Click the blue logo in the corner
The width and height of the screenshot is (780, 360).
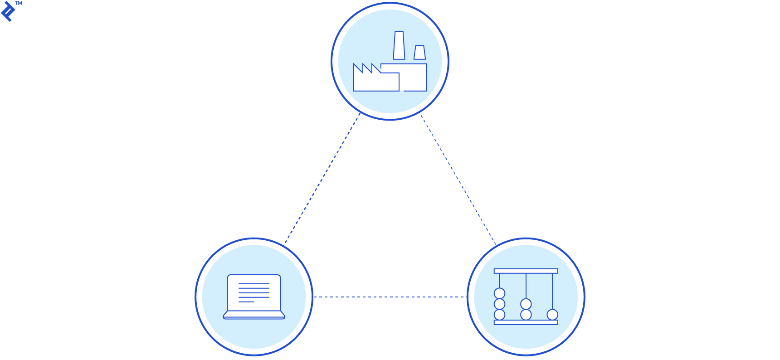pyautogui.click(x=8, y=11)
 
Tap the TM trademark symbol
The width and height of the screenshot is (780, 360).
pyautogui.click(x=19, y=4)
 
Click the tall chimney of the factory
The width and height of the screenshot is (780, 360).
pyautogui.click(x=399, y=45)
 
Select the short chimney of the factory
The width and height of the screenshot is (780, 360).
pyautogui.click(x=419, y=52)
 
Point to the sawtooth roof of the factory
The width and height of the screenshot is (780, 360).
pyautogui.click(x=367, y=68)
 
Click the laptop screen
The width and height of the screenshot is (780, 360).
pyautogui.click(x=254, y=292)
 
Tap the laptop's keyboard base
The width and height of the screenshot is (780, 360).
pyautogui.click(x=254, y=315)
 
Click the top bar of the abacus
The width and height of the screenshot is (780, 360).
pyautogui.click(x=526, y=271)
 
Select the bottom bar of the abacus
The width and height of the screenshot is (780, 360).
pyautogui.click(x=526, y=322)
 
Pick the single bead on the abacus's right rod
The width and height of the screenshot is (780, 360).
pyautogui.click(x=552, y=315)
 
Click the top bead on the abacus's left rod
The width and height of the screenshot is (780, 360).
pyautogui.click(x=499, y=293)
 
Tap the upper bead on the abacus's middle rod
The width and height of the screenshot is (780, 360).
pyautogui.click(x=526, y=304)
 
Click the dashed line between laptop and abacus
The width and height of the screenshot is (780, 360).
pyautogui.click(x=390, y=297)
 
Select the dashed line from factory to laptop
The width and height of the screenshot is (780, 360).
pyautogui.click(x=322, y=179)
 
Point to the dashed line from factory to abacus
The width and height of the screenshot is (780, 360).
pyautogui.click(x=458, y=180)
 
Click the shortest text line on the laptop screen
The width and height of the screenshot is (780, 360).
pyautogui.click(x=246, y=302)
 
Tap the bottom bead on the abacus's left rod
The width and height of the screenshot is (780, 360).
pyautogui.click(x=499, y=315)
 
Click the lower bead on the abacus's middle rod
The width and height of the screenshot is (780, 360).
pyautogui.click(x=526, y=315)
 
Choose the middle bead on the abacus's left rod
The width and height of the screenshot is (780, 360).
pyautogui.click(x=499, y=304)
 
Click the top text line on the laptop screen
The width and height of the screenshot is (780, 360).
pyautogui.click(x=254, y=284)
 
